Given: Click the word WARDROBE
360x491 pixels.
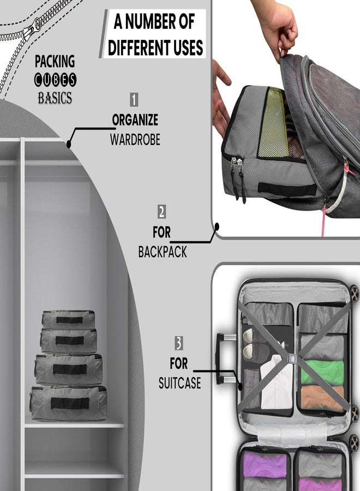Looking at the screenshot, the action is (135, 140).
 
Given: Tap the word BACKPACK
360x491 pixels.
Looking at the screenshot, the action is (163, 252).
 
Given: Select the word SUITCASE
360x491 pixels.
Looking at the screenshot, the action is (179, 383).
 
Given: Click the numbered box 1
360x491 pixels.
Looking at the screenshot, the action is (134, 100).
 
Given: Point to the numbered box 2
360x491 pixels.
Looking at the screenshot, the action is (161, 212).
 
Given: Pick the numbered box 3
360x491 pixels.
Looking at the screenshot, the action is (179, 343).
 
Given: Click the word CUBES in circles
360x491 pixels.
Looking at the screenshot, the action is (55, 80).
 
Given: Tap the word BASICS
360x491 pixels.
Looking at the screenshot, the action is (55, 98).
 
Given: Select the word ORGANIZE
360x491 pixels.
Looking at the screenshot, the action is (135, 120).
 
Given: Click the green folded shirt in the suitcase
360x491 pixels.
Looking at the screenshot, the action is (322, 372).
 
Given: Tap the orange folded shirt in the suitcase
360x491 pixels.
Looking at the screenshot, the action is (322, 398).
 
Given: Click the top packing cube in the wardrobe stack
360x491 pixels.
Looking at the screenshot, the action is (69, 319).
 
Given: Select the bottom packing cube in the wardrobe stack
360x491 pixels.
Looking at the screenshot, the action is (69, 403).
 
